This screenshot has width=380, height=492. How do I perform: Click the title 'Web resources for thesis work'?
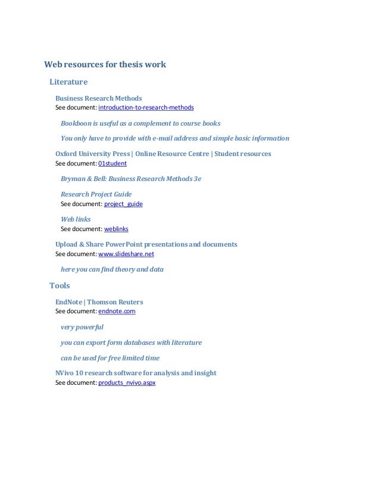click(105, 65)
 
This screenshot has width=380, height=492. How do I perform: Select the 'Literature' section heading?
click(68, 81)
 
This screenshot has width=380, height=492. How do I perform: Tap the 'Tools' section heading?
click(60, 285)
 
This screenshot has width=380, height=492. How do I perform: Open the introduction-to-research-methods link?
click(146, 108)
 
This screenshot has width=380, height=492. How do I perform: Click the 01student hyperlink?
click(112, 163)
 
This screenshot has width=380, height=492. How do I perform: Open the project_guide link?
click(123, 204)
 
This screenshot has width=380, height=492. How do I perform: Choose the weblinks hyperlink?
click(116, 229)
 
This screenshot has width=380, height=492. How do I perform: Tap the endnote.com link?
click(117, 311)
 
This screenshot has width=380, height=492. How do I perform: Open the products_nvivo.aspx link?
click(127, 383)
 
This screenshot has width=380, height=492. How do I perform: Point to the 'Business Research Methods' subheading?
click(98, 98)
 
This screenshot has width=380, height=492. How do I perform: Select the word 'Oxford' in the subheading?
click(67, 154)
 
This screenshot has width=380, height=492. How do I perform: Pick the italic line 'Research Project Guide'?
click(96, 194)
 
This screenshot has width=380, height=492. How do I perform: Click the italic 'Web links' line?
click(76, 219)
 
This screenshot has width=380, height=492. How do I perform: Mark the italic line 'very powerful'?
click(82, 327)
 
